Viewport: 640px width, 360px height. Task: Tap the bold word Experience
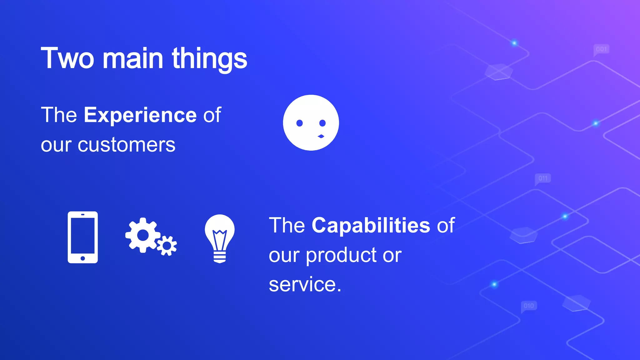[140, 115]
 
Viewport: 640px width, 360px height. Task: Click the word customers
[126, 145]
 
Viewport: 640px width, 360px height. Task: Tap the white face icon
[311, 122]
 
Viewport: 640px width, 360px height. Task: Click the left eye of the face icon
[299, 123]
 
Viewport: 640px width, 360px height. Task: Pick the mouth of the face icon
[321, 136]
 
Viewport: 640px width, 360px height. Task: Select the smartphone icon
[83, 237]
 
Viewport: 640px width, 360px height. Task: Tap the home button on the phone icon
[83, 258]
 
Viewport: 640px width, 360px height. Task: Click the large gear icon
[142, 235]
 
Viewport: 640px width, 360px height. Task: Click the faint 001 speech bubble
[601, 49]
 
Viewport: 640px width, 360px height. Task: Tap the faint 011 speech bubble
[543, 178]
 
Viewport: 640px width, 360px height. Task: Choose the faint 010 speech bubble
[529, 306]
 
